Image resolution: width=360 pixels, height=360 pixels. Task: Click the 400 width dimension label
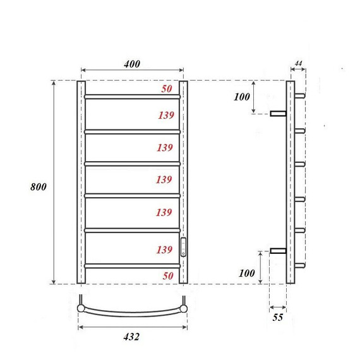tap(132, 64)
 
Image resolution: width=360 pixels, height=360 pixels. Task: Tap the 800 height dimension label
tap(38, 188)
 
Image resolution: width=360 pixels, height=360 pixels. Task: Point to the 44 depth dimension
tap(299, 64)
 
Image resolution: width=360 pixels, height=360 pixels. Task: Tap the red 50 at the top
tap(166, 89)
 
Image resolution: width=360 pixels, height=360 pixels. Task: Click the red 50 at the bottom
tap(166, 276)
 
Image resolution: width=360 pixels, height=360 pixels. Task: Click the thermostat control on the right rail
tap(184, 246)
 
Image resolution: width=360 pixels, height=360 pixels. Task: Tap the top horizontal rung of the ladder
tap(132, 97)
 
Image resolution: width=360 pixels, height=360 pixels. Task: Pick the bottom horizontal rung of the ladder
tap(132, 266)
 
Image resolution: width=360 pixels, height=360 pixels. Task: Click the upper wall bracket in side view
tap(278, 114)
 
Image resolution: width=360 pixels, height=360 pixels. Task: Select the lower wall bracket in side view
tap(278, 251)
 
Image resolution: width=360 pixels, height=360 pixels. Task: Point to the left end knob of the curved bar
tap(81, 308)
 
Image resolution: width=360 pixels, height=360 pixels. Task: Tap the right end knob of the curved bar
tap(183, 308)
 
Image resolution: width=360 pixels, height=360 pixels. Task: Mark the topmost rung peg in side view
tap(301, 97)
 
